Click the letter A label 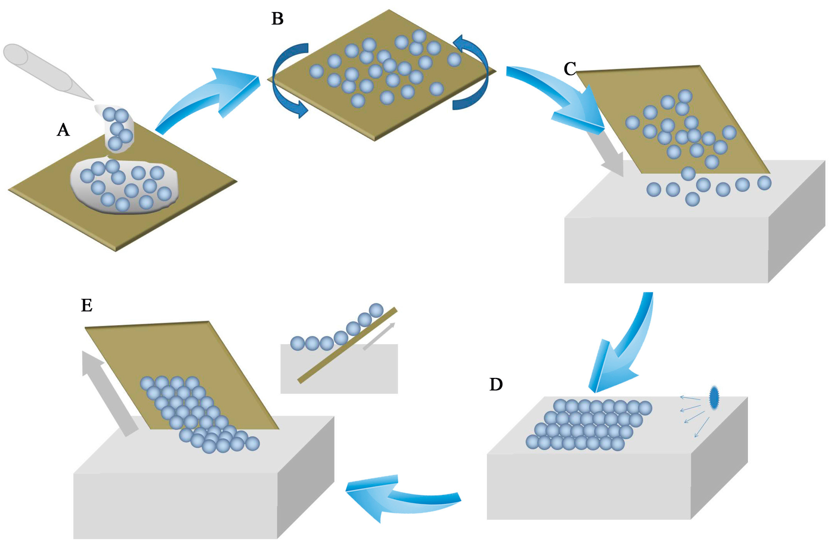pyautogui.click(x=63, y=130)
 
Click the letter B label pyautogui.click(x=277, y=19)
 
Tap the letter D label pyautogui.click(x=496, y=384)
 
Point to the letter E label pyautogui.click(x=87, y=305)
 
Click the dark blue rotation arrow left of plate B pyautogui.click(x=286, y=80)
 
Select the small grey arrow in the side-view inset pyautogui.click(x=379, y=336)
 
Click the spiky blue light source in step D pyautogui.click(x=714, y=397)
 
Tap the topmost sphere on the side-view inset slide pyautogui.click(x=376, y=310)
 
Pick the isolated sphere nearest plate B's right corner pyautogui.click(x=454, y=60)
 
